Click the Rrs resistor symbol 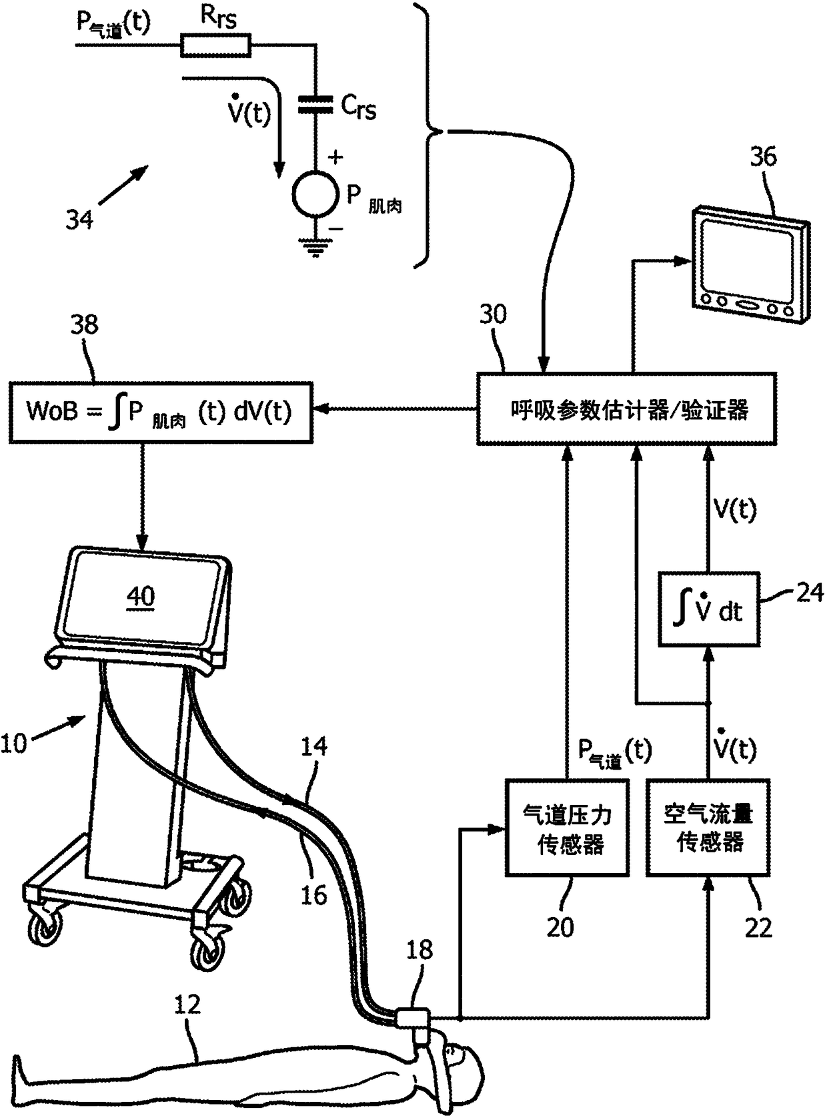click(x=216, y=45)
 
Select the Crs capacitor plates click(x=315, y=103)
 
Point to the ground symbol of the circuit click(x=315, y=248)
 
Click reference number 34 click(x=79, y=220)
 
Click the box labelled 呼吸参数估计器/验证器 click(x=626, y=408)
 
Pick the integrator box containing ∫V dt click(x=709, y=609)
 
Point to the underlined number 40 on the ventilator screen click(x=141, y=597)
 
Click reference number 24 click(x=809, y=593)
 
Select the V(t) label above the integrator click(x=736, y=510)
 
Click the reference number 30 click(x=493, y=314)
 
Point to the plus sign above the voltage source click(x=335, y=158)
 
